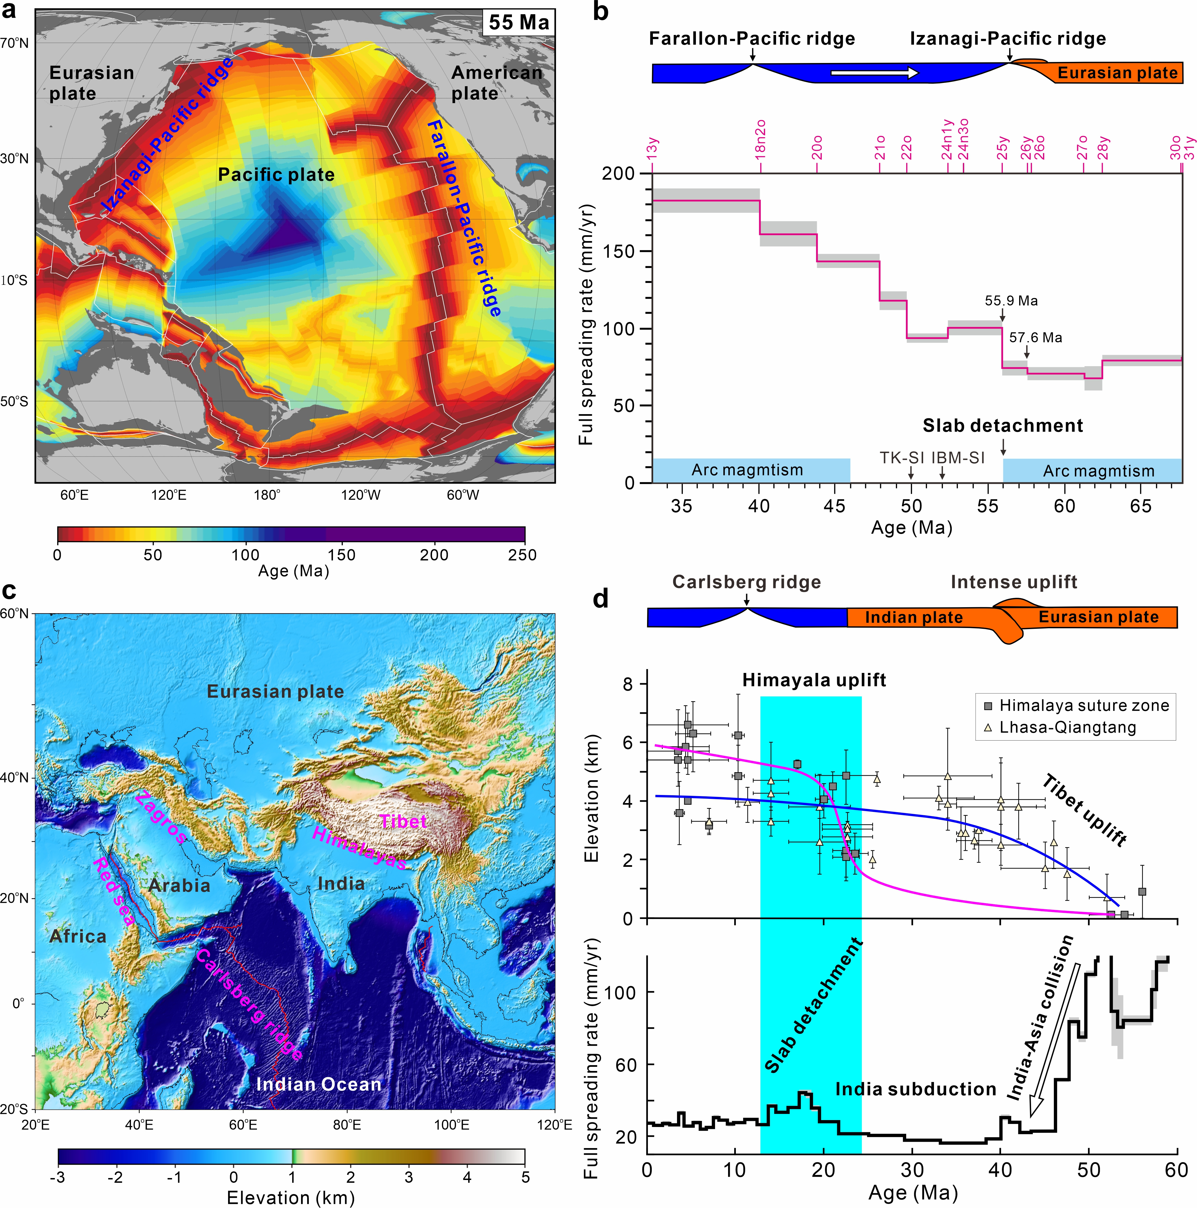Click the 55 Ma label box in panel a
[518, 23]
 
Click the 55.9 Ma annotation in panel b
[1011, 301]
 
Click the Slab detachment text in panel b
[1002, 426]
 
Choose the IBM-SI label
[958, 458]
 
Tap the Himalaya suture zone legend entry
[1083, 706]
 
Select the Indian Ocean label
[318, 1084]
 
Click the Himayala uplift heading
[814, 680]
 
